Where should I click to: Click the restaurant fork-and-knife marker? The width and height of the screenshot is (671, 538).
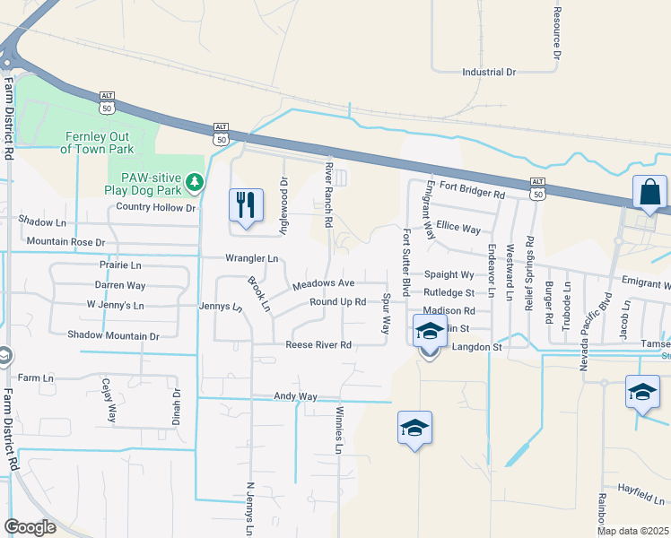click(x=245, y=205)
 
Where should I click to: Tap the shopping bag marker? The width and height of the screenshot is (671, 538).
click(x=649, y=192)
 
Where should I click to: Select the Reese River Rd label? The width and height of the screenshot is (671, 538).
click(x=318, y=345)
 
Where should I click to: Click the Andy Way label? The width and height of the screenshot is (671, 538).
click(x=296, y=396)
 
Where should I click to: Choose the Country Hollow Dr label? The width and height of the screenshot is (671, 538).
click(x=155, y=208)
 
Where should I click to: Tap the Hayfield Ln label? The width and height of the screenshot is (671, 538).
click(x=640, y=496)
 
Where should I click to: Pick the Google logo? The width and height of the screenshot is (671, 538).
click(x=30, y=526)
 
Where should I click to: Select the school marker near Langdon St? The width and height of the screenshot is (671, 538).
click(x=430, y=334)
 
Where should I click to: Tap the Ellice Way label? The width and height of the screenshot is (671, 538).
click(x=457, y=229)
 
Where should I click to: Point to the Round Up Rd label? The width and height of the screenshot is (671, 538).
click(x=337, y=302)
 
